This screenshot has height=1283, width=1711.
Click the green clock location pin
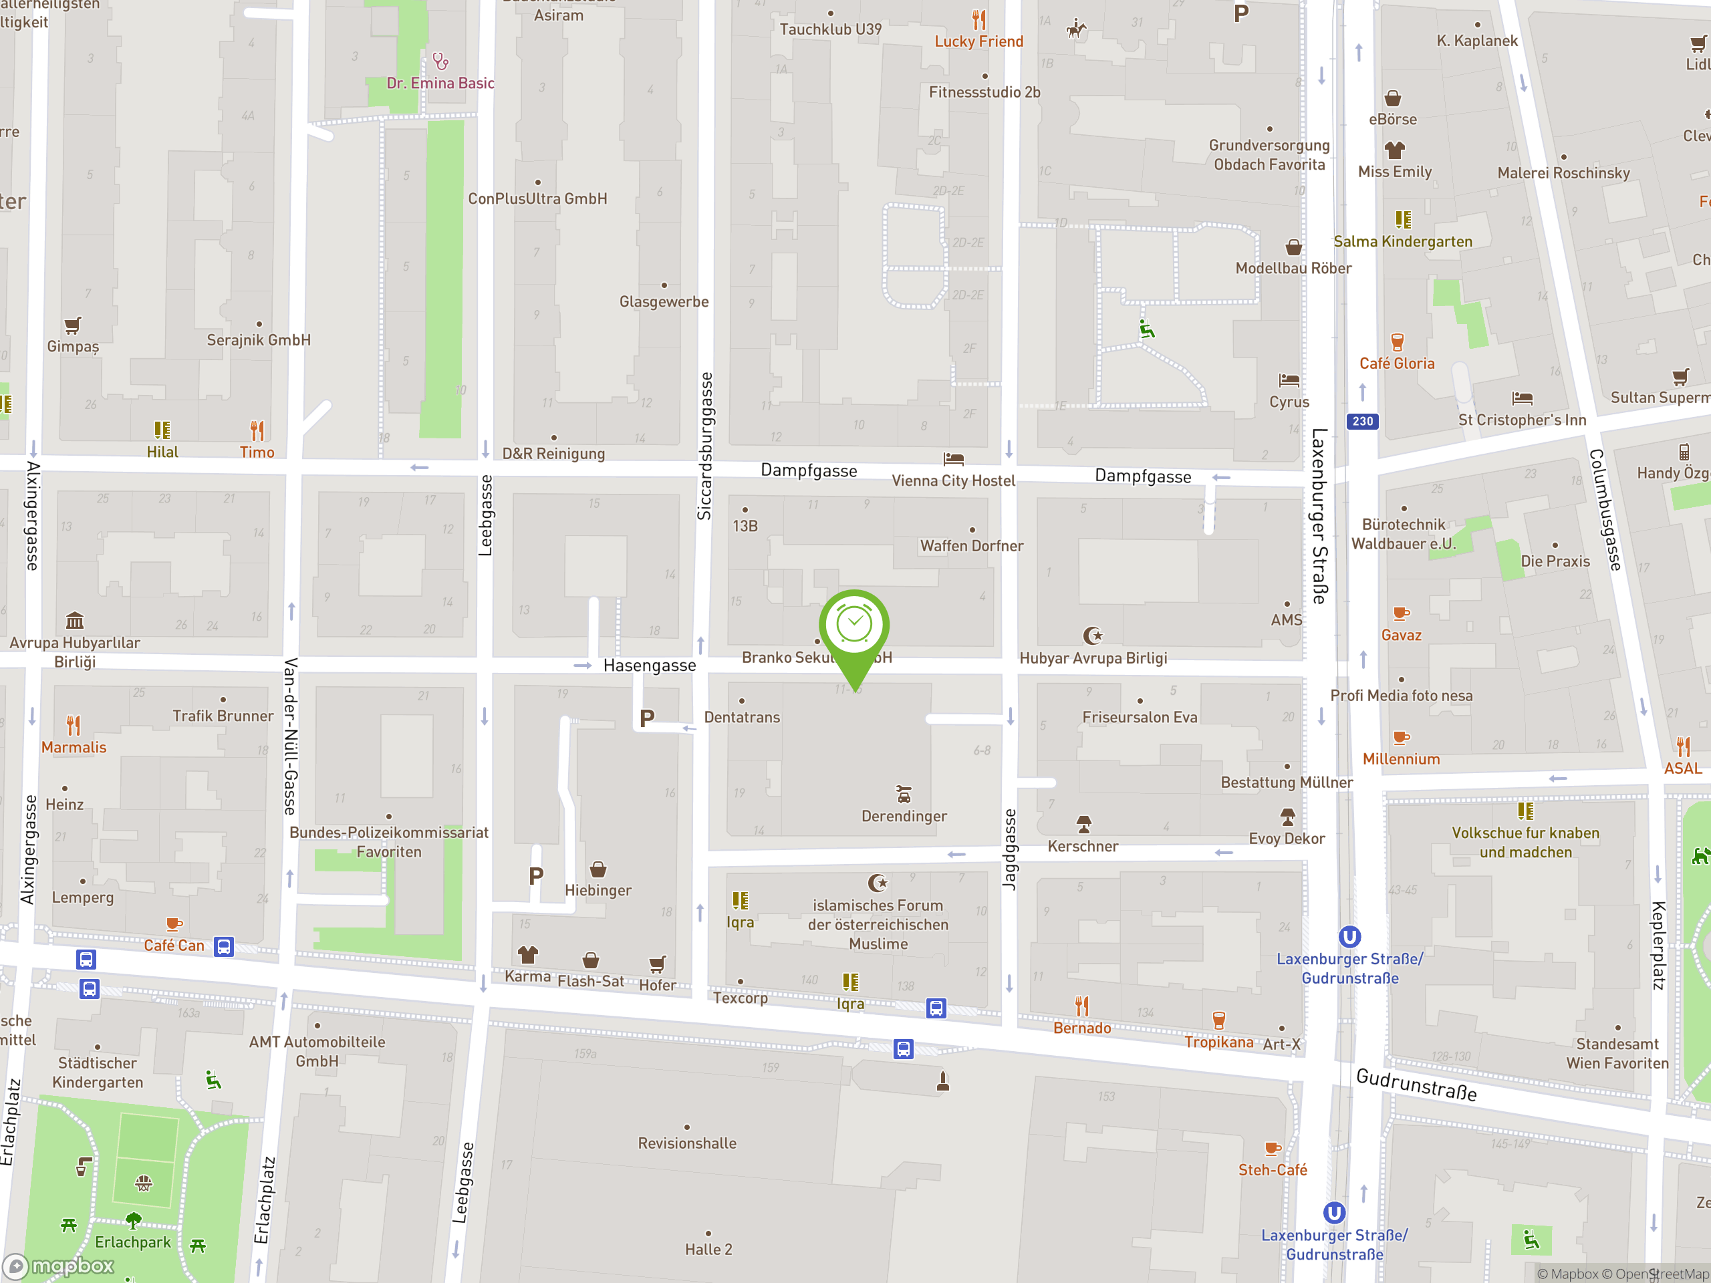(854, 625)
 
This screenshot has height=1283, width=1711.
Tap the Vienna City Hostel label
(953, 480)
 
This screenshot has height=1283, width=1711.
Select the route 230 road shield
(1362, 422)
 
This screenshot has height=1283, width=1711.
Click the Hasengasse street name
(649, 665)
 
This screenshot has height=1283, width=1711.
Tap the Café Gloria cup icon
(1397, 341)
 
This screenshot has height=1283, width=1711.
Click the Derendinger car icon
(904, 795)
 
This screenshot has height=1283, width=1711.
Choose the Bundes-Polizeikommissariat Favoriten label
(388, 842)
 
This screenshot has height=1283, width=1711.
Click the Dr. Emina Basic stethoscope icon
(440, 60)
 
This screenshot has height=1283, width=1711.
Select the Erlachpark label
(132, 1242)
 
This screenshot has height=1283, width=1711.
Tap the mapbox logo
(59, 1266)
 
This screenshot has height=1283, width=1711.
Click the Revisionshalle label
(687, 1143)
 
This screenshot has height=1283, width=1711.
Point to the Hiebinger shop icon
(598, 869)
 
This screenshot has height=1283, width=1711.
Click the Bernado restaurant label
(1081, 1028)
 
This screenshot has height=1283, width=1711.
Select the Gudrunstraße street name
(1416, 1085)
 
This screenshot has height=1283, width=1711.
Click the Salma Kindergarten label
(1402, 241)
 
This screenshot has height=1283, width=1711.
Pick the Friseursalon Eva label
(1140, 717)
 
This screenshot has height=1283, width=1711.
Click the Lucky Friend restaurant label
(978, 41)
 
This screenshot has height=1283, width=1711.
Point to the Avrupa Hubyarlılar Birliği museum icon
(75, 620)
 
